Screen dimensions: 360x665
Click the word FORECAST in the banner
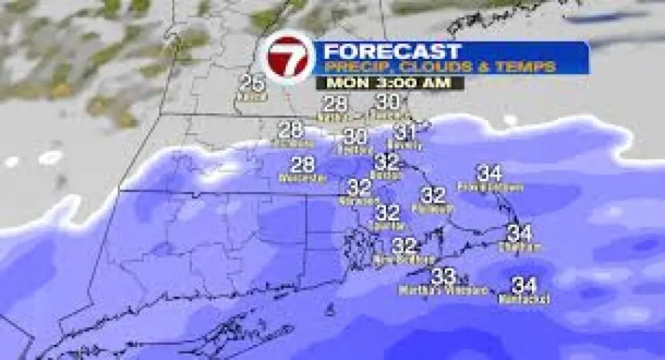pyautogui.click(x=392, y=52)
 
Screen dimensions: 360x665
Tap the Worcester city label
pyautogui.click(x=303, y=178)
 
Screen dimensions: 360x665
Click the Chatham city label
pyautogui.click(x=520, y=246)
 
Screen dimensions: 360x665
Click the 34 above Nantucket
pyautogui.click(x=524, y=286)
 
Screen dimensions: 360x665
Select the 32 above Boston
pyautogui.click(x=388, y=162)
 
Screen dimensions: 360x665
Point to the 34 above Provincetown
pyautogui.click(x=489, y=173)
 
